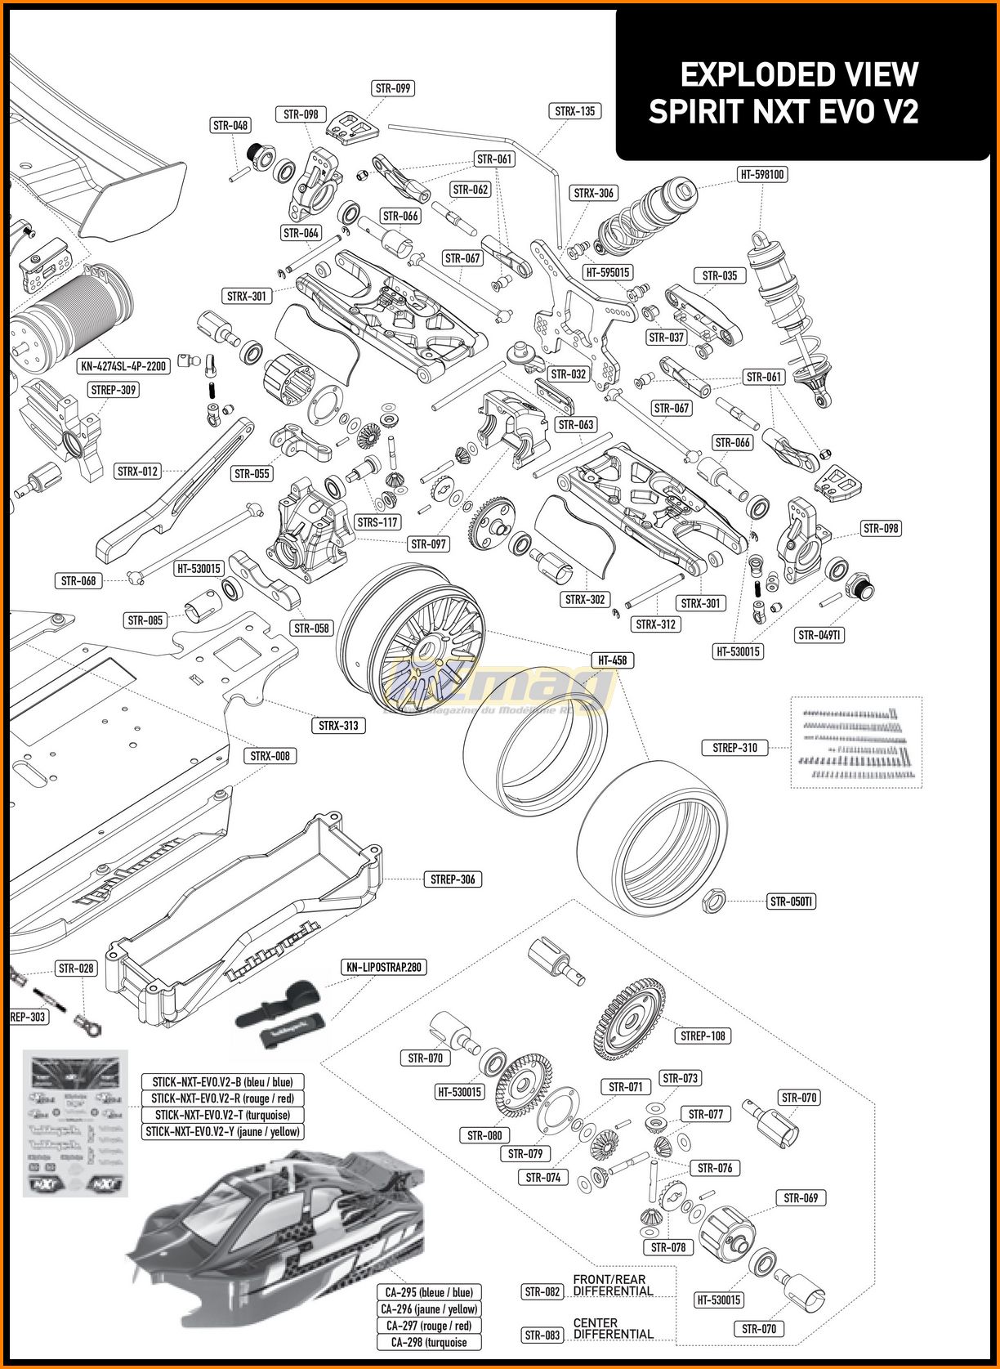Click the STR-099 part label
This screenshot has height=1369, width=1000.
coord(393,88)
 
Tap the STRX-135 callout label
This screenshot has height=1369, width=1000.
coord(575,111)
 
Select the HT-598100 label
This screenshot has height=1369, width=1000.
coord(761,174)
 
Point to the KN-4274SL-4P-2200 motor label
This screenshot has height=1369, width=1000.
coord(124,366)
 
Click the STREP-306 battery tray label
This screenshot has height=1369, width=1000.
coord(453,879)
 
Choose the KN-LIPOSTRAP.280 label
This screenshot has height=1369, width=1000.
coord(384,968)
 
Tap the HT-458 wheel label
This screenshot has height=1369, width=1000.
coord(612,660)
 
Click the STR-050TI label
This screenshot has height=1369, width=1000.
coord(792,901)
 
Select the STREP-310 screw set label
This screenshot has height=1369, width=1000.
coord(734,747)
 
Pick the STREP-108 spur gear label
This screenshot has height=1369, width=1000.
coord(703,1036)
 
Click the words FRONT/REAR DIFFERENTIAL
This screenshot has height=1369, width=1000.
coord(613,1285)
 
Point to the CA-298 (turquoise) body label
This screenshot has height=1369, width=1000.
coord(429,1342)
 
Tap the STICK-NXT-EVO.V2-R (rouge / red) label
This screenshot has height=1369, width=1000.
coord(222,1098)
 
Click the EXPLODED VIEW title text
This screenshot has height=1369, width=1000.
coord(799,75)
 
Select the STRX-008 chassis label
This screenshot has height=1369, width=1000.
coord(270,756)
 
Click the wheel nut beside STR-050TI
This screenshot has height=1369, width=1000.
coord(713,901)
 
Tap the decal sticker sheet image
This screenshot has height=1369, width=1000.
coord(74,1122)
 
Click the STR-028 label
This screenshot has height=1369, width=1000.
coord(76,969)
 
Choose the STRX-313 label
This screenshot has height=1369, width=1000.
coord(338,725)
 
